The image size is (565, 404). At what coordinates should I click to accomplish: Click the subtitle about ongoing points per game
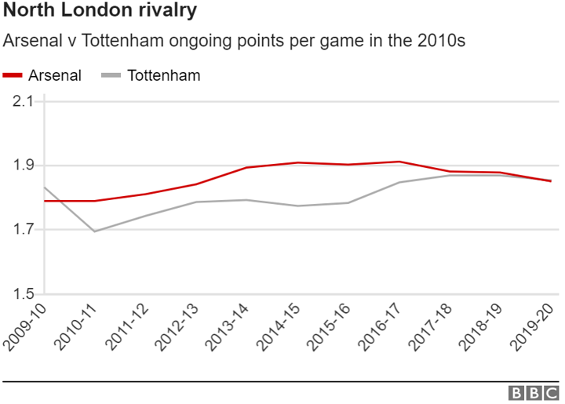click(235, 41)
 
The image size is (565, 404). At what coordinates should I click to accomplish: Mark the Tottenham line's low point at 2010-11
click(95, 231)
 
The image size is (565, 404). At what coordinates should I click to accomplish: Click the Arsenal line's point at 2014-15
click(298, 162)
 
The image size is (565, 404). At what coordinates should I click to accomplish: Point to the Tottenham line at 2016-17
click(400, 182)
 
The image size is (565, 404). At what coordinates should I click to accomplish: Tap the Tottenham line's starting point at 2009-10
click(45, 187)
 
